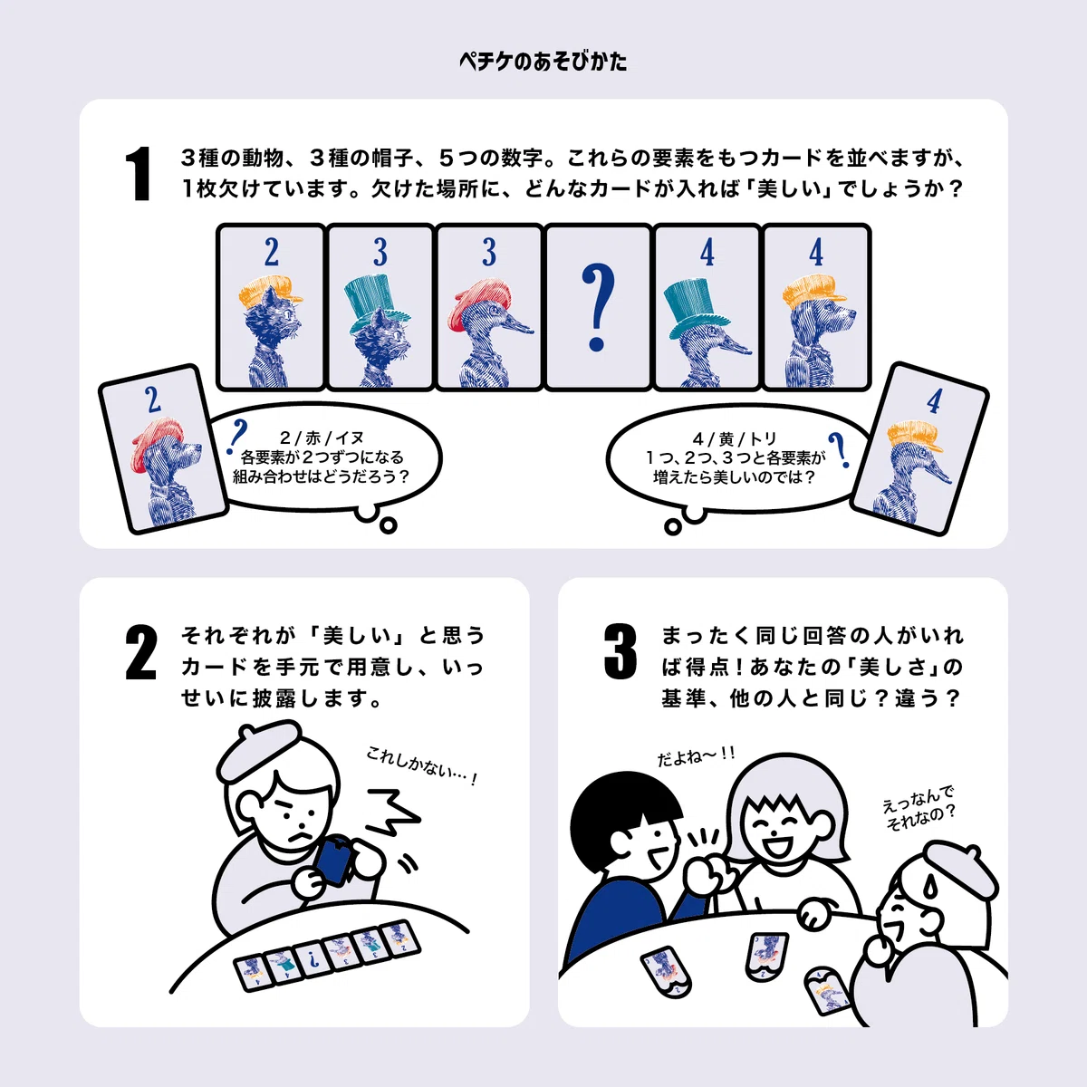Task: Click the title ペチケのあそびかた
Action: point(543,61)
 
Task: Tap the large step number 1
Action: point(139,173)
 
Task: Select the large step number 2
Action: point(141,652)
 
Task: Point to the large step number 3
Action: point(620,651)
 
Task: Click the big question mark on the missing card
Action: point(597,307)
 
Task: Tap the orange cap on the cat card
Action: point(270,293)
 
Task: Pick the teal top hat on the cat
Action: point(376,304)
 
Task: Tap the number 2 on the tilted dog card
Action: point(153,400)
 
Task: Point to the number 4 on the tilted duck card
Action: point(935,401)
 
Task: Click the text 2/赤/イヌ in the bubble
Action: point(322,438)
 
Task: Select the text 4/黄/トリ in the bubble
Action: point(735,438)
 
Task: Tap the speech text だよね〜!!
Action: point(696,755)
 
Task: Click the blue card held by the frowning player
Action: point(334,861)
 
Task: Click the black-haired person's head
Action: point(625,823)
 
